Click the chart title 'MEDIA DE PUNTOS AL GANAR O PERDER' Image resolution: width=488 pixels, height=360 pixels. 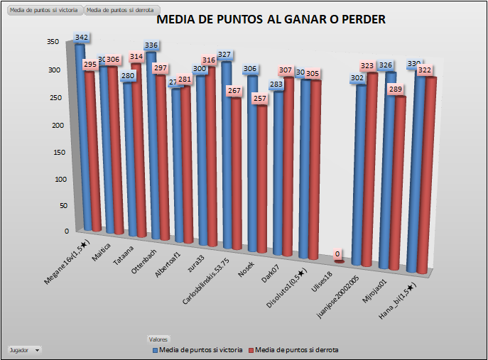pyautogui.click(x=271, y=20)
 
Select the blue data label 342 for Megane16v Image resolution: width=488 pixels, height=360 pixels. pyautogui.click(x=82, y=37)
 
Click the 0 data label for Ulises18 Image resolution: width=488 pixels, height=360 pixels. pyautogui.click(x=337, y=253)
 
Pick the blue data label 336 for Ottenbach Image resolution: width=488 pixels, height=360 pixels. pyautogui.click(x=151, y=45)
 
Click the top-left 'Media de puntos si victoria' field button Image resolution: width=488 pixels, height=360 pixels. pyautogui.click(x=43, y=11)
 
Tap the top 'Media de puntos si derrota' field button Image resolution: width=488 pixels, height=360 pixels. pyautogui.click(x=119, y=11)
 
